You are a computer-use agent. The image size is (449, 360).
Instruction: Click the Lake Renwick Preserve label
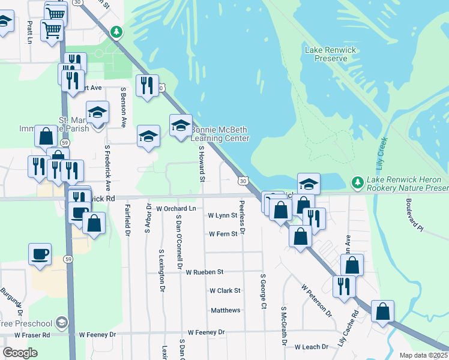326,54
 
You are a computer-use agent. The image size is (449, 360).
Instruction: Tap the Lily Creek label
382,155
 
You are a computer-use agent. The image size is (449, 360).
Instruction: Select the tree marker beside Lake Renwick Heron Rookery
357,181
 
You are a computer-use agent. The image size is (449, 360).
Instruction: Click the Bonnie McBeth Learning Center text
220,134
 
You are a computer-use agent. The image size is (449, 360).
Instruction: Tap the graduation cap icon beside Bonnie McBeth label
180,126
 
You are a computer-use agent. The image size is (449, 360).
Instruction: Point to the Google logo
20,353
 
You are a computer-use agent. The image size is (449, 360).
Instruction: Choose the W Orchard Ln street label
176,208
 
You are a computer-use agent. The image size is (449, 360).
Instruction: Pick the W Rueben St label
204,272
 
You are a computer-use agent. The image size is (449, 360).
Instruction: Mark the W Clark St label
224,290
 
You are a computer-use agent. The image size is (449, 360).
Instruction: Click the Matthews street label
226,310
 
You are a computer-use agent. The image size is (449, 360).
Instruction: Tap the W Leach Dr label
312,347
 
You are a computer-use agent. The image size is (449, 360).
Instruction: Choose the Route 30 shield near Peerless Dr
242,180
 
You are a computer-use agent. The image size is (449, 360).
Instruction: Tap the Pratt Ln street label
29,34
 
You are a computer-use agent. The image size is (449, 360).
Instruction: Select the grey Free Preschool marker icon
61,323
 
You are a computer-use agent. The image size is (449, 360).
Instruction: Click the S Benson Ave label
123,107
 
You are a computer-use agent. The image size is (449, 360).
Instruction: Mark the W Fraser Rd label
32,335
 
